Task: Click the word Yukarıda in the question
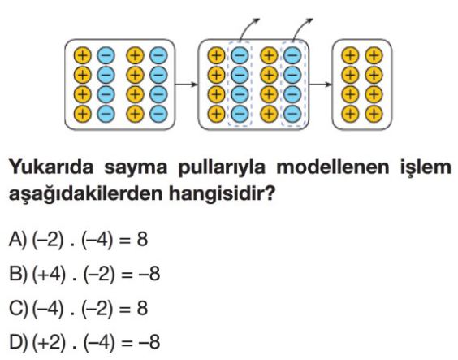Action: tap(51, 167)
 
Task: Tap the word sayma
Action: tap(136, 168)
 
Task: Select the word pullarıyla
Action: tap(222, 168)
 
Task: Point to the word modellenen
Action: tap(333, 167)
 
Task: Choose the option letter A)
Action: tap(18, 240)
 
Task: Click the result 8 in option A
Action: tap(142, 240)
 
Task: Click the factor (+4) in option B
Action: tap(49, 275)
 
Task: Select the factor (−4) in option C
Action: tap(48, 309)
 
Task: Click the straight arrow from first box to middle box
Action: tap(187, 85)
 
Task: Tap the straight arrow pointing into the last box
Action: tap(321, 85)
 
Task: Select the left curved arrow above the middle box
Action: tap(247, 27)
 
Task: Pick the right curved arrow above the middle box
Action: tap(300, 27)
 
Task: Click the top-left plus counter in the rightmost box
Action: tap(350, 55)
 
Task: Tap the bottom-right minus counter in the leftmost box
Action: tap(158, 114)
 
